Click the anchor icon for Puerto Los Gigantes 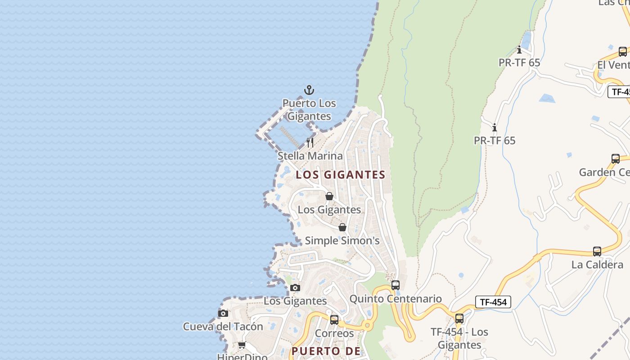tap(309, 90)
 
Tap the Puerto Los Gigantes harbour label tap(309, 110)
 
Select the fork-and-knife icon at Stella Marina tap(310, 143)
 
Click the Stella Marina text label tap(310, 156)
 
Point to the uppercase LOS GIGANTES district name tap(341, 175)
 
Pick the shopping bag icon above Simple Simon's tap(342, 227)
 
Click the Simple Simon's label tap(342, 241)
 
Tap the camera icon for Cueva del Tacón tap(223, 313)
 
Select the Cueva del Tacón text tap(223, 326)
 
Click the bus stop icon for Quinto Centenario tap(395, 285)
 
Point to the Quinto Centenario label tap(396, 299)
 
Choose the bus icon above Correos tap(334, 320)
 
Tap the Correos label tap(334, 333)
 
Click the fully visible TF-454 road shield tap(493, 302)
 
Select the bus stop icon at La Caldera tap(597, 252)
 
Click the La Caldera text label tap(597, 265)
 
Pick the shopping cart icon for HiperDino tap(242, 345)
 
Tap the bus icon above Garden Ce tap(616, 159)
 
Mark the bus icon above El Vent tap(623, 52)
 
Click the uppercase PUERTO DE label tap(326, 351)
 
